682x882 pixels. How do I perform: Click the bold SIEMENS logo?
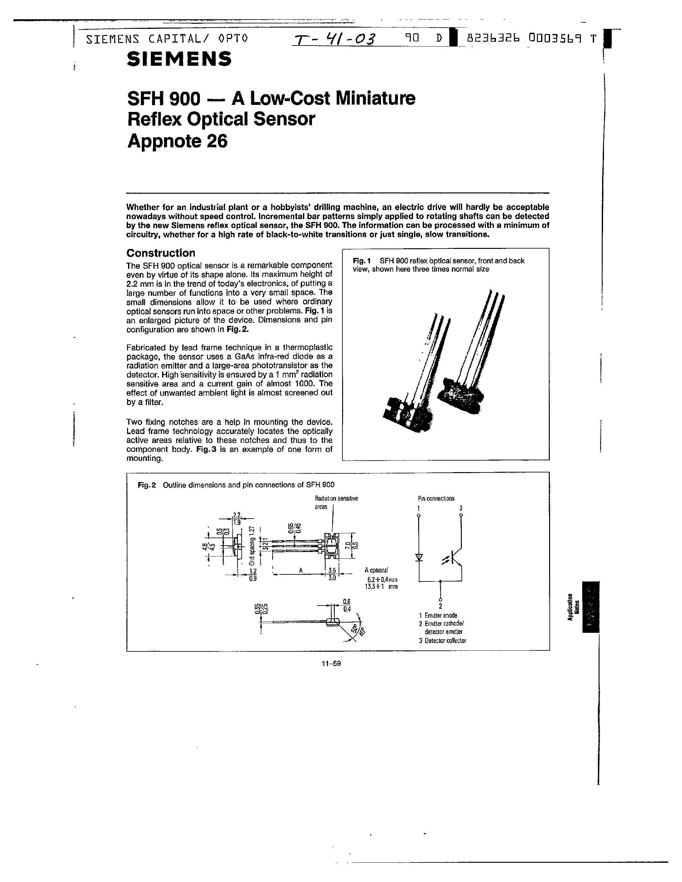pyautogui.click(x=179, y=59)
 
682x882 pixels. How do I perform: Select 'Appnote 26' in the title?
pyautogui.click(x=177, y=141)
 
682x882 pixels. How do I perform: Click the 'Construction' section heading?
pyautogui.click(x=160, y=253)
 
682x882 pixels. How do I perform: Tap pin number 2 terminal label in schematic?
pyautogui.click(x=440, y=606)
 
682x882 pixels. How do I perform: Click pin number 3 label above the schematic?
pyautogui.click(x=461, y=508)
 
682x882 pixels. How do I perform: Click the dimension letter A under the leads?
pyautogui.click(x=301, y=571)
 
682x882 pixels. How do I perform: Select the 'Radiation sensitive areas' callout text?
pyautogui.click(x=335, y=502)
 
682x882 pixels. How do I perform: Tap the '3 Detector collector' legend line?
pyautogui.click(x=442, y=640)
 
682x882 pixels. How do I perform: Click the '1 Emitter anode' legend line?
pyautogui.click(x=438, y=615)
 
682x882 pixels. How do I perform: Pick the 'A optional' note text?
pyautogui.click(x=376, y=570)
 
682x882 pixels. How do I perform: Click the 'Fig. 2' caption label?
pyautogui.click(x=147, y=485)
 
